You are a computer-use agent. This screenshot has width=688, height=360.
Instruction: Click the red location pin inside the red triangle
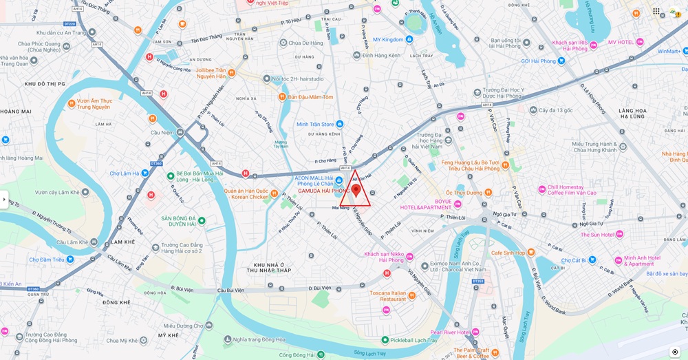tap(356, 190)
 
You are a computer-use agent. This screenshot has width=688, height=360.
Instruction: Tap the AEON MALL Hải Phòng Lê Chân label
tap(318, 181)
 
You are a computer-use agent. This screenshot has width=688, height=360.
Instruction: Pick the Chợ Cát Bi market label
tap(573, 261)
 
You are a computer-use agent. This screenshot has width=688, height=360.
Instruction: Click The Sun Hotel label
tap(596, 235)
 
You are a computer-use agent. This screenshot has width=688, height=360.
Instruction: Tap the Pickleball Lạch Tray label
tap(413, 340)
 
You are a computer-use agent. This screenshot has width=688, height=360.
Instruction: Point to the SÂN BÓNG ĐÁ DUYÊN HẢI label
tap(179, 220)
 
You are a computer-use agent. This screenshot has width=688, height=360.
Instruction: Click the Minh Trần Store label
tap(315, 125)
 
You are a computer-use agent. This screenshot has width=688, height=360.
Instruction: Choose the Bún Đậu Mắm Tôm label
tap(310, 97)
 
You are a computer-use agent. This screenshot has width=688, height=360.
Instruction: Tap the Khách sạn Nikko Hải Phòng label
tap(384, 257)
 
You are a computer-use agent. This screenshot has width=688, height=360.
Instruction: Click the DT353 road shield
tap(478, 281)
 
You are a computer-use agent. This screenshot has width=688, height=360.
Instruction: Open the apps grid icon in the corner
tap(656, 11)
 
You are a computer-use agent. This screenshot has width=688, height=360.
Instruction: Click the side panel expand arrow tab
tap(4, 200)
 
